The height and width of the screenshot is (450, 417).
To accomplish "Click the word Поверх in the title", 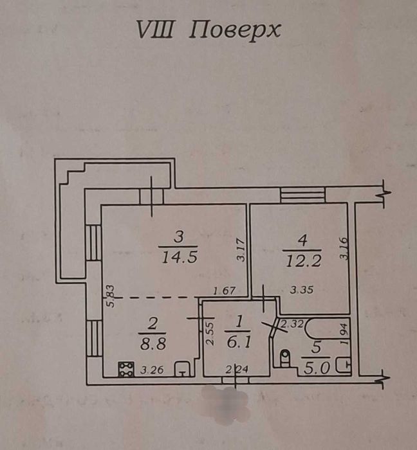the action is click(x=235, y=30).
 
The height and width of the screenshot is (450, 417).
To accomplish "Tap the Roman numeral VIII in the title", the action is click(x=155, y=30).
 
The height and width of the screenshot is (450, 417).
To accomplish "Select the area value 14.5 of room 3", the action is click(x=180, y=257).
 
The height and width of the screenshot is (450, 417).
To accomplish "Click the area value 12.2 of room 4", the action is click(x=303, y=262).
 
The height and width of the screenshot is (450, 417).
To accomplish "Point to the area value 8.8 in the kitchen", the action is click(x=153, y=343).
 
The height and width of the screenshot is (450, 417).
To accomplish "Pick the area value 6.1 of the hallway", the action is click(x=239, y=342).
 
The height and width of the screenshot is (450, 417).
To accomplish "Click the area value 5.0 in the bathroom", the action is click(x=317, y=368).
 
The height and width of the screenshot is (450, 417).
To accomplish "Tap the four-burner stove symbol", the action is click(x=126, y=369).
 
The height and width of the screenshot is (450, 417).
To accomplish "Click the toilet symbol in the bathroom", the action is click(x=285, y=359).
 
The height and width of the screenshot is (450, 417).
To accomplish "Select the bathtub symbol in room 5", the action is click(x=328, y=328).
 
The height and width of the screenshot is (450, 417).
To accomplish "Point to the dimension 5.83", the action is click(x=111, y=296).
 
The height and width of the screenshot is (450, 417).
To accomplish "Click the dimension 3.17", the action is click(x=241, y=250).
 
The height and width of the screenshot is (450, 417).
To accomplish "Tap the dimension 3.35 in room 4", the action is click(x=301, y=290).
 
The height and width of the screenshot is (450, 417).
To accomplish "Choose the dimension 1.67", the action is click(x=225, y=291).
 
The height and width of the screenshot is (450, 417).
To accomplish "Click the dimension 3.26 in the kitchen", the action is click(x=152, y=370).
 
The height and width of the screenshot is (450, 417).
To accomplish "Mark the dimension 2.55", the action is click(x=211, y=334).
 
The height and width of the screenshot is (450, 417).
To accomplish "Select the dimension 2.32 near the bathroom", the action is click(x=292, y=324).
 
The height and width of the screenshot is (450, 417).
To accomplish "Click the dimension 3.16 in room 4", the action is click(x=344, y=249).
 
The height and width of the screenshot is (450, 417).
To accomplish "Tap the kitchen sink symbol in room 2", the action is click(x=182, y=369).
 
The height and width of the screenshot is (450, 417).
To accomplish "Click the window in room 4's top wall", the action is click(x=303, y=195).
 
